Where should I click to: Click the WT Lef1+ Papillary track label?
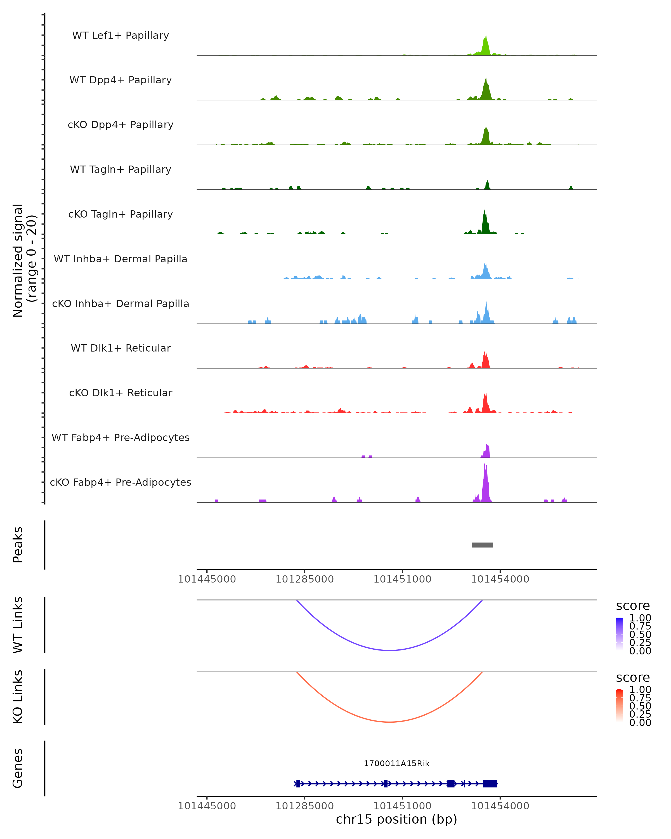point(121,36)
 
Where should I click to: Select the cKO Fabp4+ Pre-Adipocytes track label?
point(121,482)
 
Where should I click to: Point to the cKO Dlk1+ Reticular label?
point(121,393)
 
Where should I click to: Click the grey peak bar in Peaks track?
point(482,545)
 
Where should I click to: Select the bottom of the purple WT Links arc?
point(389,650)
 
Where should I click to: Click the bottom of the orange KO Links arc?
point(389,722)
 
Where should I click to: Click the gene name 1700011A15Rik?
point(396,763)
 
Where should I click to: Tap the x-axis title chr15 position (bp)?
point(396,819)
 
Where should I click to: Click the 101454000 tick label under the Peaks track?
point(500,579)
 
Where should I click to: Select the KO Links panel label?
point(18,697)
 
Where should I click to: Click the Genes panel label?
point(18,768)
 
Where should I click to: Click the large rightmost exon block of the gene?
point(490,783)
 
